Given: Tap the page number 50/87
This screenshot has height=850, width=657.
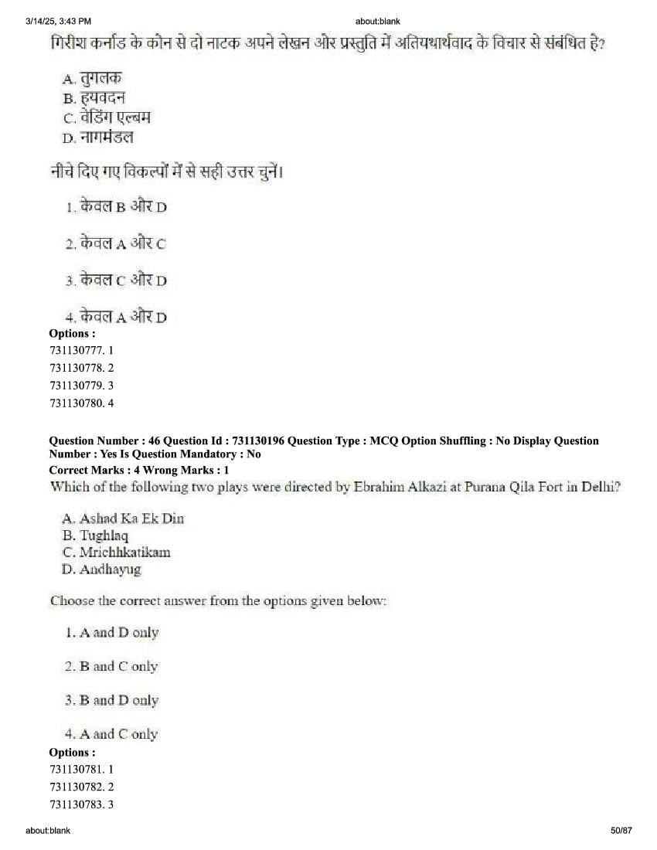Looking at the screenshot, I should tap(621, 830).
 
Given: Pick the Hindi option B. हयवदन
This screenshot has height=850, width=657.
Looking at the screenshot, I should tap(94, 98).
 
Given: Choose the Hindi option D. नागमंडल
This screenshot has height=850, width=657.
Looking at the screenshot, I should tap(97, 138).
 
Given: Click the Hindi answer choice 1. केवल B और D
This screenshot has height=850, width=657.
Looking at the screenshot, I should tap(116, 206).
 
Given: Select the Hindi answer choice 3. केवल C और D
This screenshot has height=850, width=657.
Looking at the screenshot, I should tap(116, 280).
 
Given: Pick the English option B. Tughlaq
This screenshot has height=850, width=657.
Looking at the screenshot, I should tap(95, 535).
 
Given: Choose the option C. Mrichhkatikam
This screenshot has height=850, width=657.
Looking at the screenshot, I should tap(116, 552).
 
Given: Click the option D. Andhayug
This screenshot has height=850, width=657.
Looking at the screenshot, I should tap(101, 569).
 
